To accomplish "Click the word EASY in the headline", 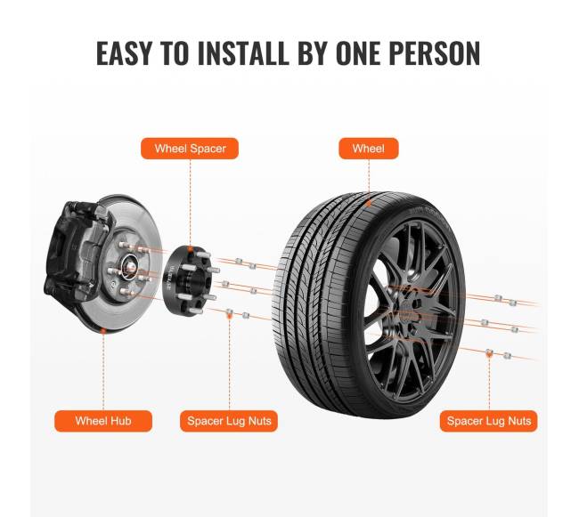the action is click(124, 53).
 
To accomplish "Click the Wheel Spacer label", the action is click(190, 149).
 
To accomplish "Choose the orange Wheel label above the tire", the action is click(369, 149).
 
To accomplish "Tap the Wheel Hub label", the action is click(103, 421).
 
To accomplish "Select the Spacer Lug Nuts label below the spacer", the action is click(229, 421).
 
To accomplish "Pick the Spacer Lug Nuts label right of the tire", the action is click(489, 421).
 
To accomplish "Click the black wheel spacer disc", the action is click(188, 281).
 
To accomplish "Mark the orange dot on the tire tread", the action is click(369, 203).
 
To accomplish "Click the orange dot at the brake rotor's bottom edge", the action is click(103, 331).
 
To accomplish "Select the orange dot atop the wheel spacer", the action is click(190, 250).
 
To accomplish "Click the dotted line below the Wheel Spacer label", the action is click(190, 203).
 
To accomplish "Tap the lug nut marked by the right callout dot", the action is click(489, 353).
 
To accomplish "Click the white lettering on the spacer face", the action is click(169, 281).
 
